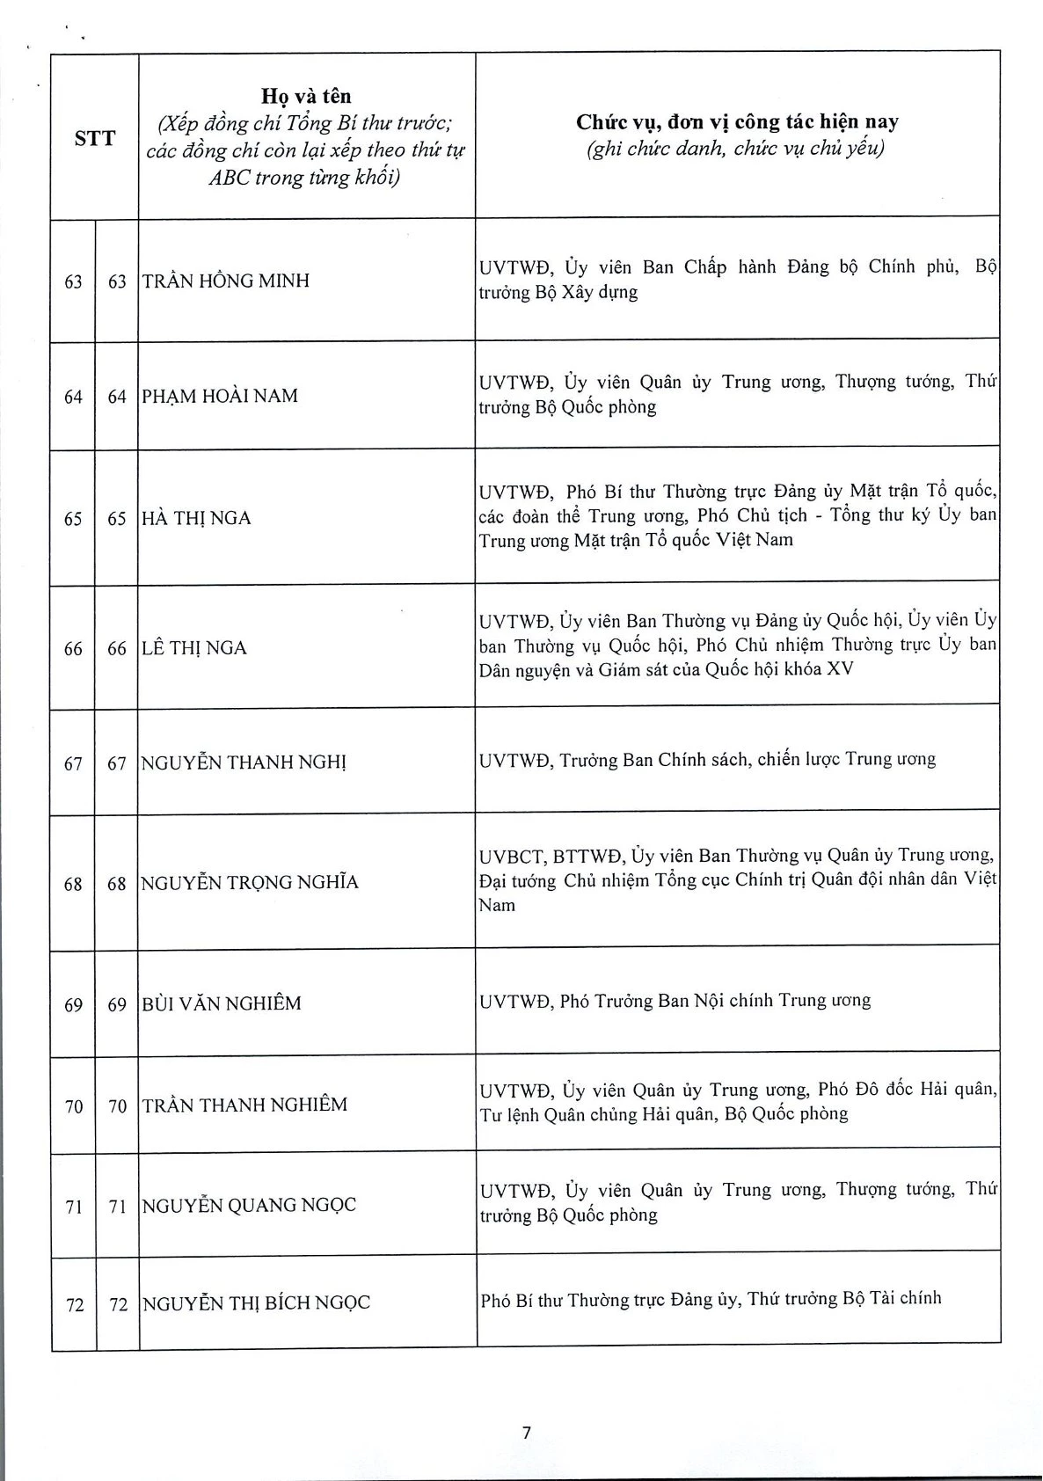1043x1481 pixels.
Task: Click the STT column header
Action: coord(94,138)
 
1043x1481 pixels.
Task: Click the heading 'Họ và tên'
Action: coord(306,97)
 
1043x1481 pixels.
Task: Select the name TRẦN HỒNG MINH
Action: coord(226,281)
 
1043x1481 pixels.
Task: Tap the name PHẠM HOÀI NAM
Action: coord(220,396)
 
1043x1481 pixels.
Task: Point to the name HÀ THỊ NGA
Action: coord(197,518)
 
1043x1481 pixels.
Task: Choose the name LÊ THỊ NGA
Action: coord(194,648)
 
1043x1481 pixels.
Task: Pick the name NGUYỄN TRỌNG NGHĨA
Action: coord(250,882)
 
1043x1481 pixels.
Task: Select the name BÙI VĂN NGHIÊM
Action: coord(222,1003)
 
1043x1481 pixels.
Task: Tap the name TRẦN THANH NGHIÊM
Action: coord(245,1105)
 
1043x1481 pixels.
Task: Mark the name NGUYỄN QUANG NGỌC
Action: coord(250,1205)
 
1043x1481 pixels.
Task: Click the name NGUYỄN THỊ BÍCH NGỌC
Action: coord(256,1302)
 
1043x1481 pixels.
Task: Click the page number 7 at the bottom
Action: coord(527,1433)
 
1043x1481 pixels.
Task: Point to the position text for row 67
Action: coord(708,759)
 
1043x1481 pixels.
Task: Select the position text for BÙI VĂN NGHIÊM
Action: coord(675,1001)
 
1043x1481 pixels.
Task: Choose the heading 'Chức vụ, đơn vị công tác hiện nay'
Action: coord(737,122)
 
